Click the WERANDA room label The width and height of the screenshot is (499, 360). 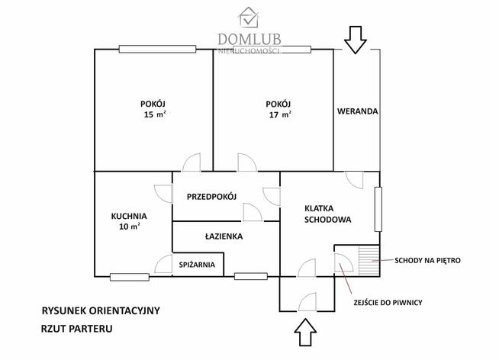tap(358, 111)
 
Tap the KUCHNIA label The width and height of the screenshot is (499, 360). tap(128, 216)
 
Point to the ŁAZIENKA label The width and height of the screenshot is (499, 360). tap(224, 236)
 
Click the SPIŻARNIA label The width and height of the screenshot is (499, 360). tap(196, 265)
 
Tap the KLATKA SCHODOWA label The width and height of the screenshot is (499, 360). tap(327, 213)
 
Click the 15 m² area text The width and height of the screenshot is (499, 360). tap(154, 115)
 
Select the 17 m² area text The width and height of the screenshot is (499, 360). tap(279, 115)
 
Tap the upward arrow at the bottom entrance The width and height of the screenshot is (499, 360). tap(304, 333)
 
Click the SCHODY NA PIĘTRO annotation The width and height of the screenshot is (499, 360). tap(427, 260)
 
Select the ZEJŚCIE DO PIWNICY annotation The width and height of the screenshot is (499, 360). tap(388, 303)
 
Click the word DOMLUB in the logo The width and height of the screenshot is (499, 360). tap(250, 38)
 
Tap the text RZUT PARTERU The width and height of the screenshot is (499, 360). tap(77, 329)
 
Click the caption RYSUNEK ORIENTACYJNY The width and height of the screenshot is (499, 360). tap(101, 311)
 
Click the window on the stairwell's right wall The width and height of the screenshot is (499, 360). tap(377, 210)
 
